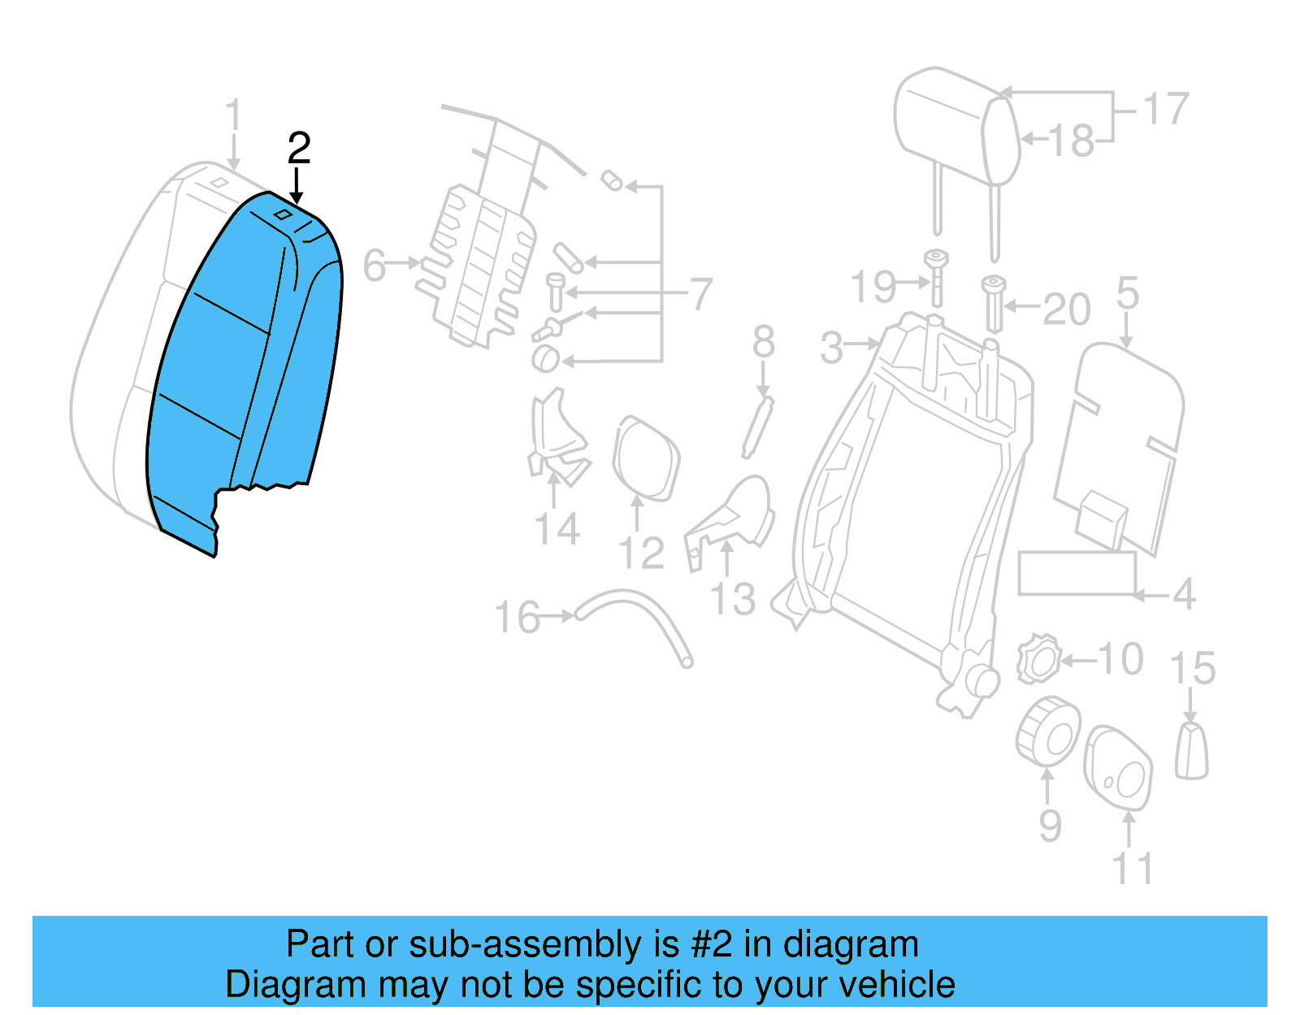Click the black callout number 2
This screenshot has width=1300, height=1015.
click(x=299, y=149)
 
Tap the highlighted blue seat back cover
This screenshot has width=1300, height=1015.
click(x=244, y=366)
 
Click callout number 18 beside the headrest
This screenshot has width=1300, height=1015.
click(x=1072, y=141)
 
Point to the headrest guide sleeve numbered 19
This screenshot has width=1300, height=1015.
click(x=937, y=276)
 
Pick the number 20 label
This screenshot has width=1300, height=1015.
click(x=1066, y=310)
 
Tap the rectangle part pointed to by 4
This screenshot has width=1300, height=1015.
click(x=1077, y=573)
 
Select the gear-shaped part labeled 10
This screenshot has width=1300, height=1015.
click(x=1038, y=659)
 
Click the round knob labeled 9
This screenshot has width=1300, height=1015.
click(x=1048, y=731)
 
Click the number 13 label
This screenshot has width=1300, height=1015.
click(x=733, y=600)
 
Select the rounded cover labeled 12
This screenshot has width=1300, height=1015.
click(x=647, y=458)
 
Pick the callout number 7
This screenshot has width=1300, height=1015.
click(x=700, y=293)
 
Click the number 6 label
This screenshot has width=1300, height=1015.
click(x=374, y=265)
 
